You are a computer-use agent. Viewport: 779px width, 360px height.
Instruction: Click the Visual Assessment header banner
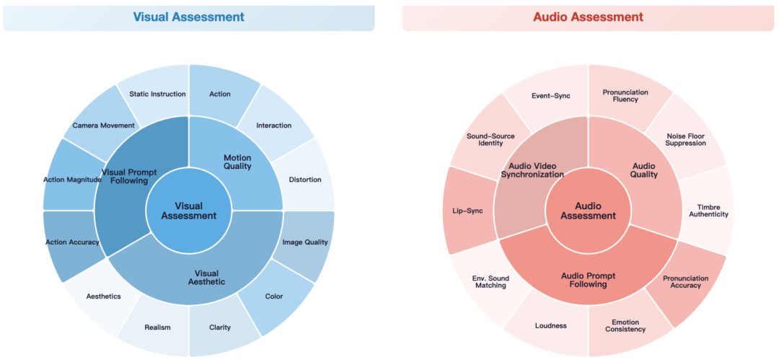coord(189,17)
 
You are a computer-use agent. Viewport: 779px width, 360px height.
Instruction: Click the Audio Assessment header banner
coord(588,17)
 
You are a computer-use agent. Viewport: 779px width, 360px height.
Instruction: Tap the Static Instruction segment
coord(157,93)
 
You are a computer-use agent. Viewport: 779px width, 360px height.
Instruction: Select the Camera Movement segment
coord(103,126)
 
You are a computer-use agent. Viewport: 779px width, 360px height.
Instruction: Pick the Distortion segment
coord(304,179)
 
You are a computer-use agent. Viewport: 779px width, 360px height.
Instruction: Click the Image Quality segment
coord(304,242)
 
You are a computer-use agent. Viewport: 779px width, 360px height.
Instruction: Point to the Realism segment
coord(157,327)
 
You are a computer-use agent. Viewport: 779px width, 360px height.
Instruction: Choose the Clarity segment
coord(220,327)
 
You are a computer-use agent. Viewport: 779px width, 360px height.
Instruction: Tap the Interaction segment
coord(274,126)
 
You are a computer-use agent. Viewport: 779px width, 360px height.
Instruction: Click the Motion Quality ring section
coord(237,162)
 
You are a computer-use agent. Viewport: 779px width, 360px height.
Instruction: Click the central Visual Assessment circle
coord(189,211)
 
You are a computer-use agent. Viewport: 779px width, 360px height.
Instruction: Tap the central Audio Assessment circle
coord(588,211)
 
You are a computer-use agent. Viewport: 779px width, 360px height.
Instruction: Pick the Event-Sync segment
coord(551,95)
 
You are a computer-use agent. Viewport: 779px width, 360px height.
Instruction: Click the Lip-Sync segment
coord(462,211)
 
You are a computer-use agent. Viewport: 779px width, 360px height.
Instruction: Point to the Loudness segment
coord(551,325)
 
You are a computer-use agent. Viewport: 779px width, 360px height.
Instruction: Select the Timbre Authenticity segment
coord(708,210)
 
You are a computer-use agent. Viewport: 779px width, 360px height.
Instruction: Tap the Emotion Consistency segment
coord(625,325)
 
